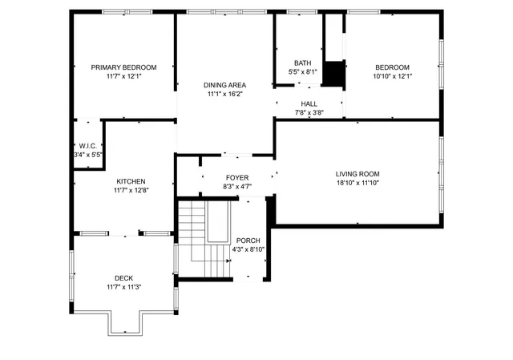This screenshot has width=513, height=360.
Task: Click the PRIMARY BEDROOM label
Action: point(123,67)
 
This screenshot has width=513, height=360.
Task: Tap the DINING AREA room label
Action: point(224,85)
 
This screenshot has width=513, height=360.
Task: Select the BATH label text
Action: point(302,63)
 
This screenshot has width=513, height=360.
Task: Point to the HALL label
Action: point(309,103)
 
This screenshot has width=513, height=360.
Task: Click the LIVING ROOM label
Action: point(357,173)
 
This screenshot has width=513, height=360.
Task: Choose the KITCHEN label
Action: point(131,181)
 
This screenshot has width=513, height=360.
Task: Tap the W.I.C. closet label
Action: point(87,145)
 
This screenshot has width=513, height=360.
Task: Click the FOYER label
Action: point(236,177)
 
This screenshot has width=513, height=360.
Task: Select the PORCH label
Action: point(248,240)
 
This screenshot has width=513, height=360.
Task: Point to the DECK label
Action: point(123,278)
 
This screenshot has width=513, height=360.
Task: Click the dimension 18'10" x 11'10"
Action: point(357,183)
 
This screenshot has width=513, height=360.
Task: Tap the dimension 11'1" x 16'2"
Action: point(224,94)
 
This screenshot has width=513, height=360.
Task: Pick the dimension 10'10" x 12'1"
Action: point(393,76)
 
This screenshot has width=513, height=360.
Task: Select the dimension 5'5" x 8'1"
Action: point(302,72)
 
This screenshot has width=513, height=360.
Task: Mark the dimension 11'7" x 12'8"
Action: point(131,190)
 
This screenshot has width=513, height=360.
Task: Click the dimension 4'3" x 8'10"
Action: point(248,249)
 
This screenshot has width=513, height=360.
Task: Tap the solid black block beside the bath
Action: point(333,73)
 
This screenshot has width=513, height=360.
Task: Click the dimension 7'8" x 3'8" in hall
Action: point(309,113)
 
